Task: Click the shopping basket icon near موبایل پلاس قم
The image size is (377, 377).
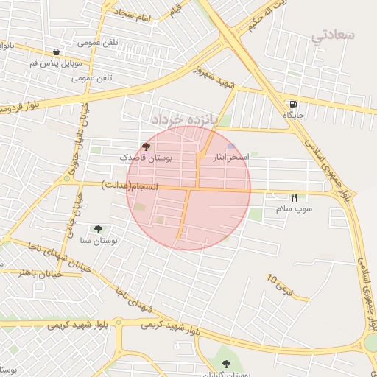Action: pyautogui.click(x=57, y=52)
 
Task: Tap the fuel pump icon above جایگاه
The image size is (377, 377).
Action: pyautogui.click(x=294, y=104)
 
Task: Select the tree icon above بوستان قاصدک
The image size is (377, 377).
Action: pyautogui.click(x=145, y=147)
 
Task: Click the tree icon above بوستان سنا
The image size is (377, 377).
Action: pyautogui.click(x=98, y=229)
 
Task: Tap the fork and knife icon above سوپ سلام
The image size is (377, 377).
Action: pyautogui.click(x=294, y=197)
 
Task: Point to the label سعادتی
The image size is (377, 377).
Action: pyautogui.click(x=334, y=35)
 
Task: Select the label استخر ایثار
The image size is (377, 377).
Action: pyautogui.click(x=230, y=158)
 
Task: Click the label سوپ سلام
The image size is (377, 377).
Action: pyautogui.click(x=294, y=209)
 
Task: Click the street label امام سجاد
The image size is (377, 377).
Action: pyautogui.click(x=133, y=15)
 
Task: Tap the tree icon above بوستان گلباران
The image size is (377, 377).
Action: pyautogui.click(x=226, y=364)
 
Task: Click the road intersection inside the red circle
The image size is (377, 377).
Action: pyautogui.click(x=188, y=188)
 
